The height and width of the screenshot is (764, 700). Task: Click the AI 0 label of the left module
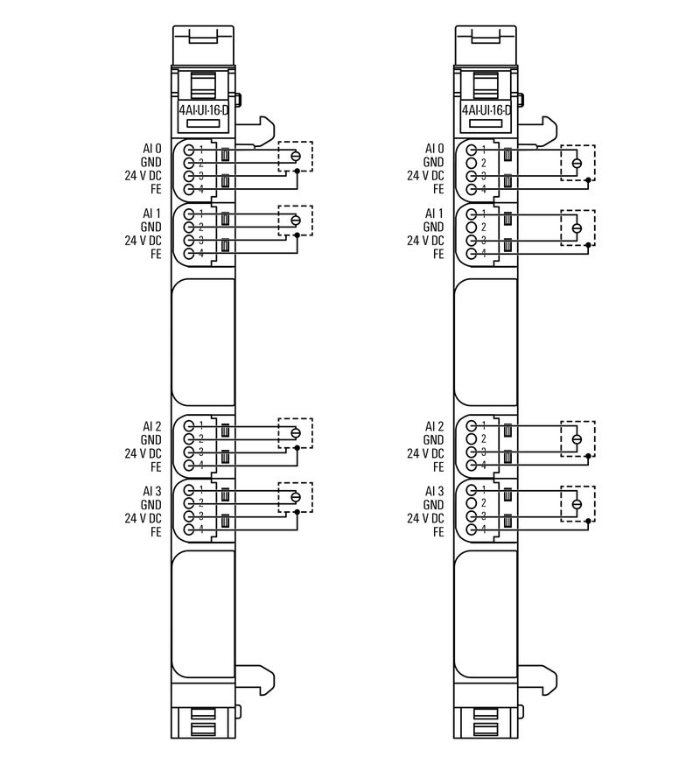pyautogui.click(x=151, y=149)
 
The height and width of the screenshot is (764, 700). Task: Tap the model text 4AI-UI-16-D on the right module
pyautogui.click(x=486, y=110)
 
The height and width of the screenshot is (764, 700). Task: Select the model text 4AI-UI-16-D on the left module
pyautogui.click(x=203, y=110)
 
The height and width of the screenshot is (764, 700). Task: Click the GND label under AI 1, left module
pyautogui.click(x=151, y=227)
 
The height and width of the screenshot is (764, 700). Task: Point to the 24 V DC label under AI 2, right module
pyautogui.click(x=425, y=453)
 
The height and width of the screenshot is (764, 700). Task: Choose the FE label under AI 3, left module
pyautogui.click(x=156, y=531)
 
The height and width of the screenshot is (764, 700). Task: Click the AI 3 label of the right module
pyautogui.click(x=434, y=491)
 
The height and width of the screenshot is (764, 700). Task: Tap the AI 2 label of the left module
pyautogui.click(x=151, y=426)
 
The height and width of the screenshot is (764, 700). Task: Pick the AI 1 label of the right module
pyautogui.click(x=434, y=214)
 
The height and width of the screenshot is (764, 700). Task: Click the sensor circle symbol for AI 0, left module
pyautogui.click(x=295, y=157)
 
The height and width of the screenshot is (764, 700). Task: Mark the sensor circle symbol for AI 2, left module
pyautogui.click(x=295, y=433)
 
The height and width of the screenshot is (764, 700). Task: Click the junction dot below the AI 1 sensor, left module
pyautogui.click(x=297, y=235)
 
